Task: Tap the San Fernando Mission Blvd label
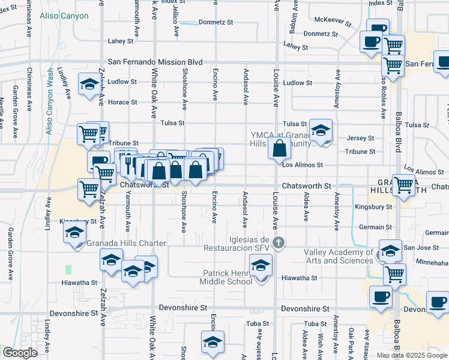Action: pos(155,62)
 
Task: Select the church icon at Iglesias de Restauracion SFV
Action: pos(278,243)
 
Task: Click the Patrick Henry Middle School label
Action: pos(227,277)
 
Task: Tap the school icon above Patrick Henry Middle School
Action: pos(261,265)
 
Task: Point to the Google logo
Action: pos(20,353)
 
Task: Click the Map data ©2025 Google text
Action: pos(412,355)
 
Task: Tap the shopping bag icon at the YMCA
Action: pos(280,149)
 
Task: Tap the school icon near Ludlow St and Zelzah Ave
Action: pos(89,83)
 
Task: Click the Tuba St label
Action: pos(257,323)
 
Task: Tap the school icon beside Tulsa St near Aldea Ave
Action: pos(321,130)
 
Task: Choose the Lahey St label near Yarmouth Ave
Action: pos(120,41)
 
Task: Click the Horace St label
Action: pos(122,102)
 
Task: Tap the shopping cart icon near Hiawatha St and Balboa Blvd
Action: pos(394,274)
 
